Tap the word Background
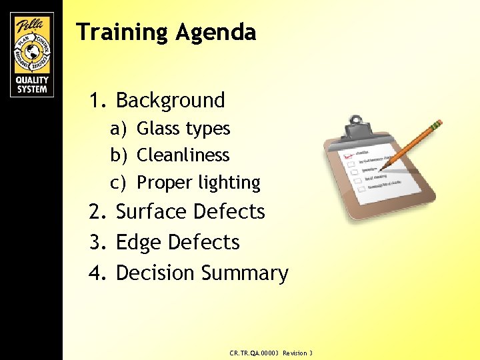pos(170,101)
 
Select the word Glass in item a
pos(155,128)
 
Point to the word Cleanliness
pos(183,155)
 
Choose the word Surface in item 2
pos(151,212)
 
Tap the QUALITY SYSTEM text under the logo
pos(32,85)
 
